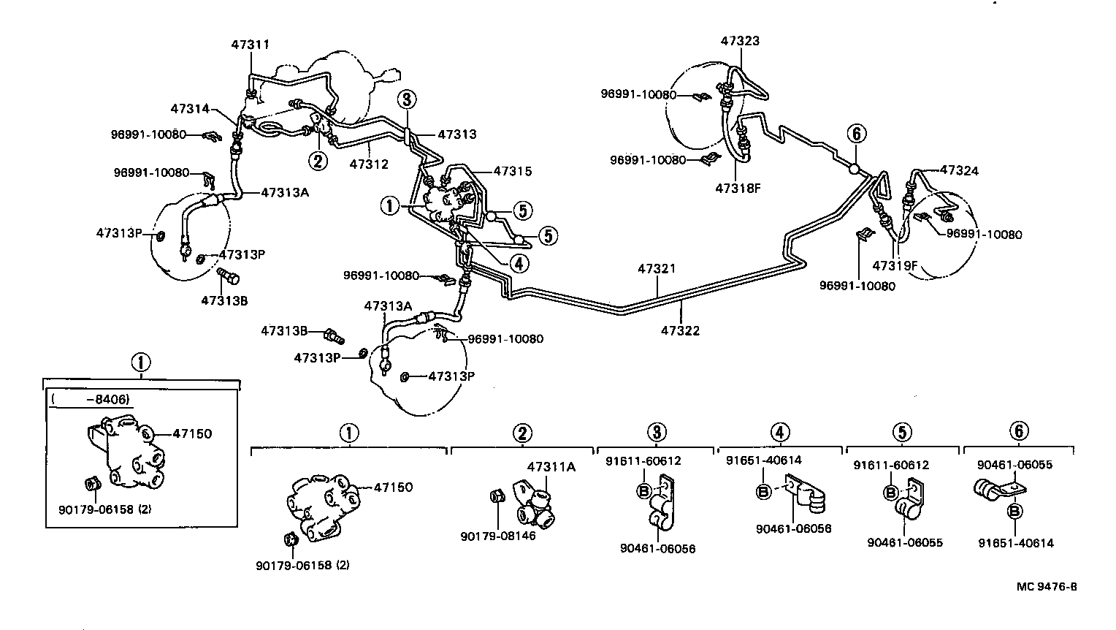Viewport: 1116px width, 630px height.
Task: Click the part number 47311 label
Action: pyautogui.click(x=250, y=44)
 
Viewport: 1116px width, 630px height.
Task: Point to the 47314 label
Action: pyautogui.click(x=190, y=109)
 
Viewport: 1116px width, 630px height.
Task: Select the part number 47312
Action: pyautogui.click(x=368, y=164)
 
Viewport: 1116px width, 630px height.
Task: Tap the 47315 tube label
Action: pyautogui.click(x=512, y=172)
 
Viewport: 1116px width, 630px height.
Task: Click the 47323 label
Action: pyautogui.click(x=740, y=41)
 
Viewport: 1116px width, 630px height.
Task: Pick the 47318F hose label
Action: pyautogui.click(x=738, y=188)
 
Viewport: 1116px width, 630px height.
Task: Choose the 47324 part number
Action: pyautogui.click(x=959, y=171)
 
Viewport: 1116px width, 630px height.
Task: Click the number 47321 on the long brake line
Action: pyautogui.click(x=656, y=269)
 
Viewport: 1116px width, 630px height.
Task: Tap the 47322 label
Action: pyautogui.click(x=680, y=331)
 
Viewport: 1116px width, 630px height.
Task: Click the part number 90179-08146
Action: pyautogui.click(x=497, y=536)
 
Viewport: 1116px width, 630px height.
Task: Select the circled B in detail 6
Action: pyautogui.click(x=1014, y=512)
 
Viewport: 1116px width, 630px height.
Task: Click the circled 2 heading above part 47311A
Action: pyautogui.click(x=521, y=433)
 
